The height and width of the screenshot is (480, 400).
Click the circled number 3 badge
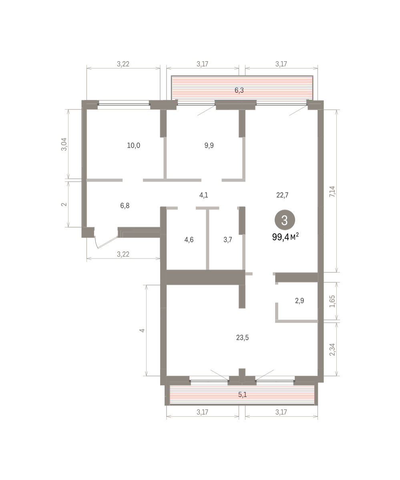(x=285, y=220)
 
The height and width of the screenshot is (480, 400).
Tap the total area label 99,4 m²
(x=285, y=236)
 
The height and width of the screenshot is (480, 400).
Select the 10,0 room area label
(x=133, y=146)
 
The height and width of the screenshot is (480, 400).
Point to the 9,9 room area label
(x=209, y=146)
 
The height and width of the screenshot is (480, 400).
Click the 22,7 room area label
(x=282, y=195)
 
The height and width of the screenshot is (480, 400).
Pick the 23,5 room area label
(x=242, y=338)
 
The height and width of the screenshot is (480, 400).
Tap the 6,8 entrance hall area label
(x=125, y=206)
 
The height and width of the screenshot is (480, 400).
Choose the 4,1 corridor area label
(x=204, y=195)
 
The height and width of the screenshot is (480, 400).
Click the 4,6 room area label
(x=189, y=240)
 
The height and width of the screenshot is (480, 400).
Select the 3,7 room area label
(x=227, y=240)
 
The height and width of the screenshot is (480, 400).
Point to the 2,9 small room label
(x=299, y=300)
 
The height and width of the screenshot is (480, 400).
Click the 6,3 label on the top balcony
(x=239, y=90)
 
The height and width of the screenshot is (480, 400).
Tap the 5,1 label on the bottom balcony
(x=242, y=394)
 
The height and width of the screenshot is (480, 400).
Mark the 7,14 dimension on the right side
(x=332, y=192)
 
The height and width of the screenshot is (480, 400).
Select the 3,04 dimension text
(x=64, y=144)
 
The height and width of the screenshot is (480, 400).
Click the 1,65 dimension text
(x=332, y=301)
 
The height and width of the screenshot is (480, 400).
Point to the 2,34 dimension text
(x=332, y=350)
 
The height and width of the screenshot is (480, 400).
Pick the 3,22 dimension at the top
(x=123, y=64)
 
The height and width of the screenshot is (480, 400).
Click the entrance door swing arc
(x=96, y=243)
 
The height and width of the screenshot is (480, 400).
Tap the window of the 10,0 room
(x=124, y=104)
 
